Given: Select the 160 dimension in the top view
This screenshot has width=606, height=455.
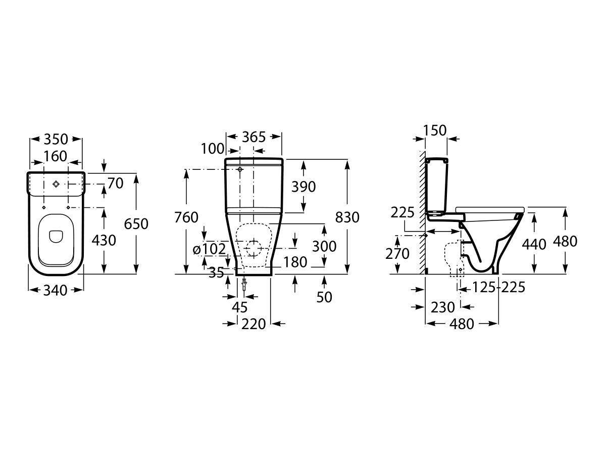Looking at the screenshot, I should point(56,156).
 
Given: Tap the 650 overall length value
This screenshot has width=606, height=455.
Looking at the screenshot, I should point(136,223).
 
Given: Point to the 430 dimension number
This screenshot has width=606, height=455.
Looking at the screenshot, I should point(104,240).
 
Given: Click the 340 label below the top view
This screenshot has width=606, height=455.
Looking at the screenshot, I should point(56,290).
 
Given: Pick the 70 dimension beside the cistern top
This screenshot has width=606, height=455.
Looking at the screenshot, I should point(115,184).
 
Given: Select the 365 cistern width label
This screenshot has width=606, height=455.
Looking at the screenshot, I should point(254,137).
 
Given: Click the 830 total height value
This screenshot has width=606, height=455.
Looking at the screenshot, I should point(347,217).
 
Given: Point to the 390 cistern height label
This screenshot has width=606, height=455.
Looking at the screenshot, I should point(304,187).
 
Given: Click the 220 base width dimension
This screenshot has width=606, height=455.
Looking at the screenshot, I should point(254,324).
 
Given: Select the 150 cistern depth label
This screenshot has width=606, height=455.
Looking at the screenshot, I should point(435,130).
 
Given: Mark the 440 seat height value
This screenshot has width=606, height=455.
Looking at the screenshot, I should point(534,244).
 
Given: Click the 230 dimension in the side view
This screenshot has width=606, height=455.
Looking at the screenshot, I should point(443,306).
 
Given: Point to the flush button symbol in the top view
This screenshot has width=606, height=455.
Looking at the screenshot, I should point(56,184).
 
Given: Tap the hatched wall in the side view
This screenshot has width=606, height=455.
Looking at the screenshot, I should point(421,212).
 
